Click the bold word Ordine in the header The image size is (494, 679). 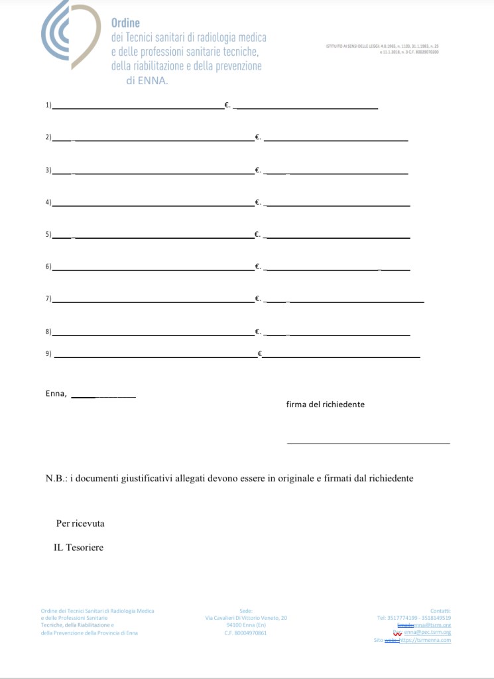point(125,24)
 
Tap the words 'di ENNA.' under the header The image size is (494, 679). point(147,80)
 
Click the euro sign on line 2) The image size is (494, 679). point(257,138)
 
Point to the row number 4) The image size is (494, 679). point(48,202)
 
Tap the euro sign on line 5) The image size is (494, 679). point(257,234)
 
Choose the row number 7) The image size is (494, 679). point(48,298)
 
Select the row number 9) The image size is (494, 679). point(48,354)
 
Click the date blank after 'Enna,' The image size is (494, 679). point(103,396)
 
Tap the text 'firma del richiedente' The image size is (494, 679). point(325,404)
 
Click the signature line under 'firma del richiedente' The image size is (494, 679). point(368,442)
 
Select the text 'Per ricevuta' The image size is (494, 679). point(80,523)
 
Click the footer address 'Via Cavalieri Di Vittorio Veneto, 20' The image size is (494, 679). point(246,617)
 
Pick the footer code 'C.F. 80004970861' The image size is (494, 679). point(246,633)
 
